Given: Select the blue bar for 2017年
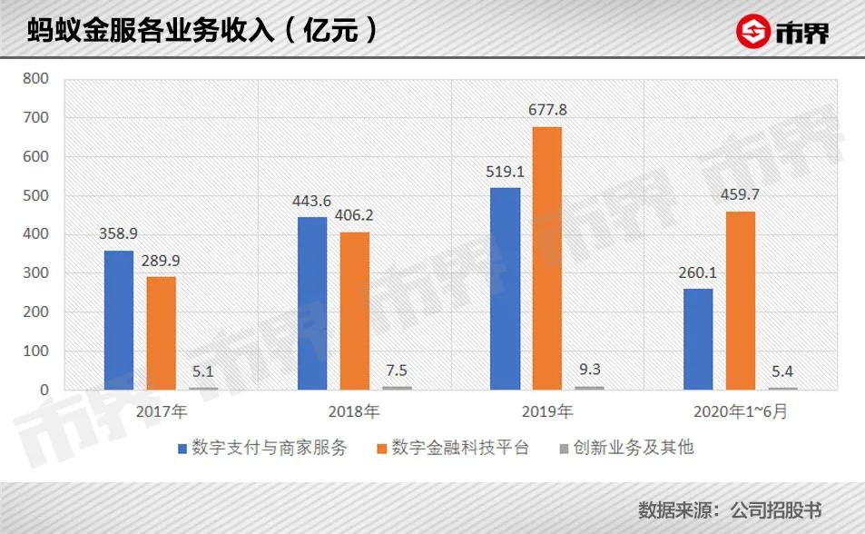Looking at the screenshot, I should [x=118, y=320].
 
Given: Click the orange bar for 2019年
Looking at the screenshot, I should [x=546, y=258].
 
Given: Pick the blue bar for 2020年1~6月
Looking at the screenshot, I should [x=697, y=339].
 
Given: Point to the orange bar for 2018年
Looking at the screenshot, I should [x=354, y=311].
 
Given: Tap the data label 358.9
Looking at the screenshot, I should [x=118, y=234].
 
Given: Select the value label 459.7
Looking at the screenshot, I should [x=740, y=194].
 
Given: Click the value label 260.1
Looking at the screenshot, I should [x=697, y=272].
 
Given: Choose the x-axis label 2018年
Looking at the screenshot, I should [x=354, y=412].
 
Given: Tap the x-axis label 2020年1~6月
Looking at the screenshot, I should [x=740, y=412].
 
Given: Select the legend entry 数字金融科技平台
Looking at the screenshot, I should [x=459, y=448].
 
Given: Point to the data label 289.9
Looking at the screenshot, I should [x=161, y=261].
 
